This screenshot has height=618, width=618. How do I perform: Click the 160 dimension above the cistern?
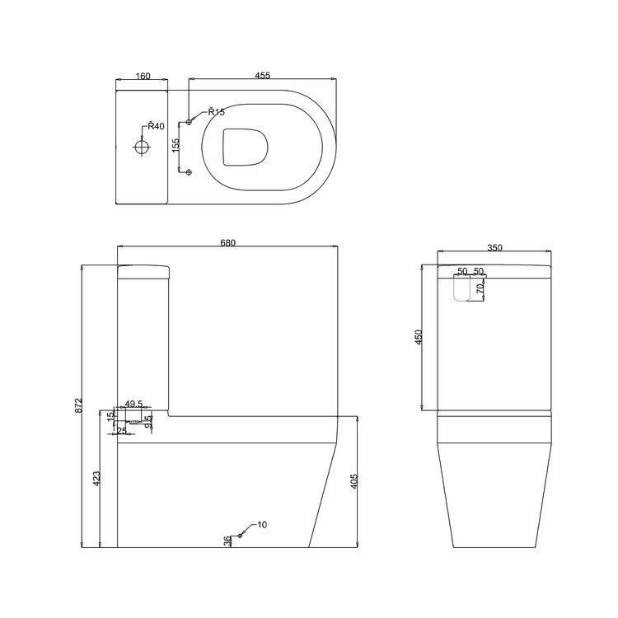(x=142, y=77)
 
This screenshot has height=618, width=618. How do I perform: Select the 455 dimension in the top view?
(x=263, y=76)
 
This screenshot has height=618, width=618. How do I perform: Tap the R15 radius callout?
(x=216, y=112)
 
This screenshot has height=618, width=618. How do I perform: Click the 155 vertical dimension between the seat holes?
(x=176, y=146)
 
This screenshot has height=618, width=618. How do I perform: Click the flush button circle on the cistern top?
(x=142, y=147)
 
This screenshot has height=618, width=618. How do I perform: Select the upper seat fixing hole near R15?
(x=190, y=122)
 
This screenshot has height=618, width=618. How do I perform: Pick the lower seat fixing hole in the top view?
(x=190, y=171)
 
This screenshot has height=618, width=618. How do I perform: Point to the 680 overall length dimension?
(x=228, y=242)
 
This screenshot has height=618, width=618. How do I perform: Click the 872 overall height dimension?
(x=79, y=405)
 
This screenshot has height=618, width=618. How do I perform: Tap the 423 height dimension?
(x=96, y=478)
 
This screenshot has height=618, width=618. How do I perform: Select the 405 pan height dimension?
(x=354, y=481)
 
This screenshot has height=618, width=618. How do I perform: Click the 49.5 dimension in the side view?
(x=134, y=405)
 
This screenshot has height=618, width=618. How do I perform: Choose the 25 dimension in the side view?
(x=122, y=431)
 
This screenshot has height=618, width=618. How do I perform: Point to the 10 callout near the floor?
(x=262, y=524)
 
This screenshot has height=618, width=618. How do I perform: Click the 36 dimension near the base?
(x=227, y=541)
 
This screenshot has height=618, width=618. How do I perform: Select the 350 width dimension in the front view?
(x=494, y=246)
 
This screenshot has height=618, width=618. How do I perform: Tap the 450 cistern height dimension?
(x=419, y=337)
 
